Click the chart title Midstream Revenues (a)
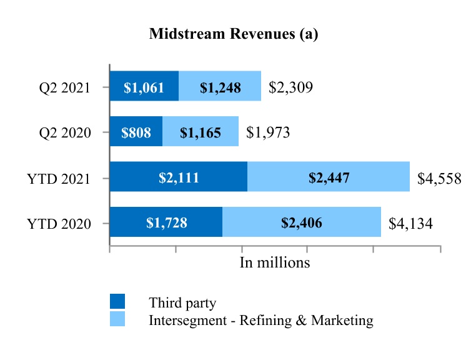pyautogui.click(x=234, y=35)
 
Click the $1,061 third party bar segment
pyautogui.click(x=144, y=87)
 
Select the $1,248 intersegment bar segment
pyautogui.click(x=220, y=87)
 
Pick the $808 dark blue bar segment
pyautogui.click(x=136, y=132)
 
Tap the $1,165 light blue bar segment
pyautogui.click(x=201, y=132)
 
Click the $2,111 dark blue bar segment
pyautogui.click(x=179, y=177)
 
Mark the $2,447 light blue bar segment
pyautogui.click(x=329, y=177)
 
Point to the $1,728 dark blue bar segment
pyautogui.click(x=166, y=222)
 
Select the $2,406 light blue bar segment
pyautogui.click(x=302, y=222)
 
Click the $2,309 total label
pyautogui.click(x=290, y=87)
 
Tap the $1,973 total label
pyautogui.click(x=268, y=132)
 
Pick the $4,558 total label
pyautogui.click(x=439, y=179)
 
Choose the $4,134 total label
pyautogui.click(x=410, y=224)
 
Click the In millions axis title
pyautogui.click(x=275, y=262)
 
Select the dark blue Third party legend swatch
pyautogui.click(x=117, y=302)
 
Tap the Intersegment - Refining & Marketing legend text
pyautogui.click(x=261, y=321)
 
